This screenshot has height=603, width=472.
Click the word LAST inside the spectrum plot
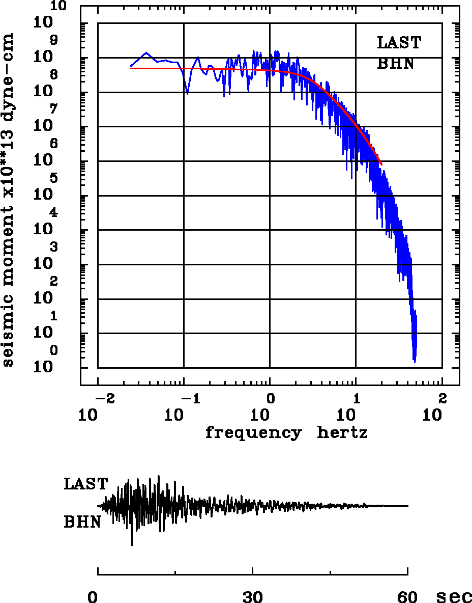pyautogui.click(x=399, y=43)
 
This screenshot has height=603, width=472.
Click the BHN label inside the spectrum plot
pyautogui.click(x=395, y=64)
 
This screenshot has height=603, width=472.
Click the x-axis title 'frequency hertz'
pyautogui.click(x=286, y=433)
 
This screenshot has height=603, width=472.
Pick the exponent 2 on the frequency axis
pyautogui.click(x=442, y=397)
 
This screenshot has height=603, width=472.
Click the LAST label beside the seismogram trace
pyautogui.click(x=85, y=484)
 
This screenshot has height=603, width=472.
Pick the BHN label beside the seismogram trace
pyautogui.click(x=82, y=522)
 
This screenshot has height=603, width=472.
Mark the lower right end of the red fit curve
pyautogui.click(x=381, y=164)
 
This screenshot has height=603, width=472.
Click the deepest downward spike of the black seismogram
pyautogui.click(x=132, y=545)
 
